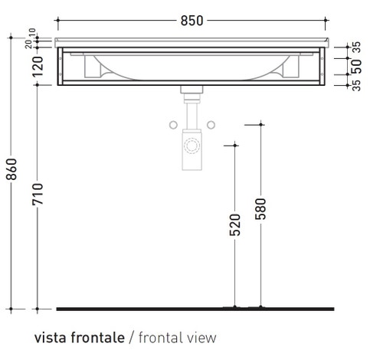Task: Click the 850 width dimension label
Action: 191,21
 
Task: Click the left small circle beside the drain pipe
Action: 173,124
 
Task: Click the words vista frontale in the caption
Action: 78,337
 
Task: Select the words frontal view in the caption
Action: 175,337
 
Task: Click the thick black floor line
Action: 195,308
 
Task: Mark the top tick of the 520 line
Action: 234,142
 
